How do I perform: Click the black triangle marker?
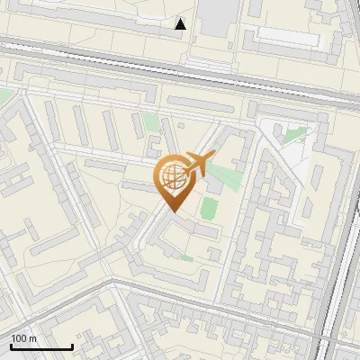[x=181, y=24]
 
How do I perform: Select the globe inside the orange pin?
[x=173, y=177]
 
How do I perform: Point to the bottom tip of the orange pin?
[x=173, y=211]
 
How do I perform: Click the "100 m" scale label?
[x=23, y=338]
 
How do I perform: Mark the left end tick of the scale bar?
[x=11, y=346]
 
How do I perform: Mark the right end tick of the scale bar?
[x=72, y=346]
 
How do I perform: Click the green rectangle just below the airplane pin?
[x=209, y=209]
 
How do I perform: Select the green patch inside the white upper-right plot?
[x=294, y=134]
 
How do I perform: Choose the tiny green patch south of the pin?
[x=186, y=258]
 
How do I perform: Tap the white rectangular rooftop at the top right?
[x=288, y=36]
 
